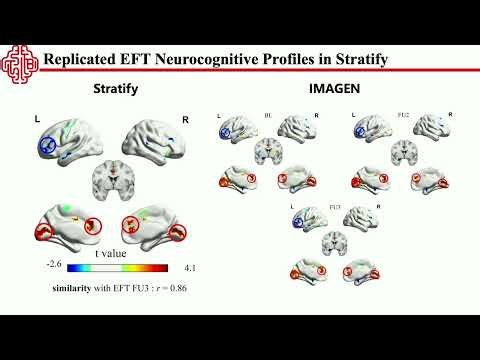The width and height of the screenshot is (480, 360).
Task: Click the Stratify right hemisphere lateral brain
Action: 155,141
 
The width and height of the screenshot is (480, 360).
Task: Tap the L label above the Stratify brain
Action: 38,120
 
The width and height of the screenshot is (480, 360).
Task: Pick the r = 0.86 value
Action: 165,288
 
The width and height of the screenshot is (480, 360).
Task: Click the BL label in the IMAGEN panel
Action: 269,116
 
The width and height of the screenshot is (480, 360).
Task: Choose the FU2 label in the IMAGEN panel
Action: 404,116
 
